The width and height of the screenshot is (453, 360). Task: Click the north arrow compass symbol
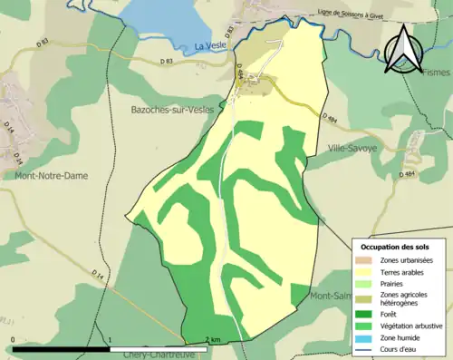click(403, 49)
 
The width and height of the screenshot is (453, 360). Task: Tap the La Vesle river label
click(215, 44)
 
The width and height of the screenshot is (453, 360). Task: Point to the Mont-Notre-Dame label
click(51, 176)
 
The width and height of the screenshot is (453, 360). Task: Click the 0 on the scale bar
click(13, 340)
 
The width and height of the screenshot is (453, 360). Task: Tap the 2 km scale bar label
click(212, 340)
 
